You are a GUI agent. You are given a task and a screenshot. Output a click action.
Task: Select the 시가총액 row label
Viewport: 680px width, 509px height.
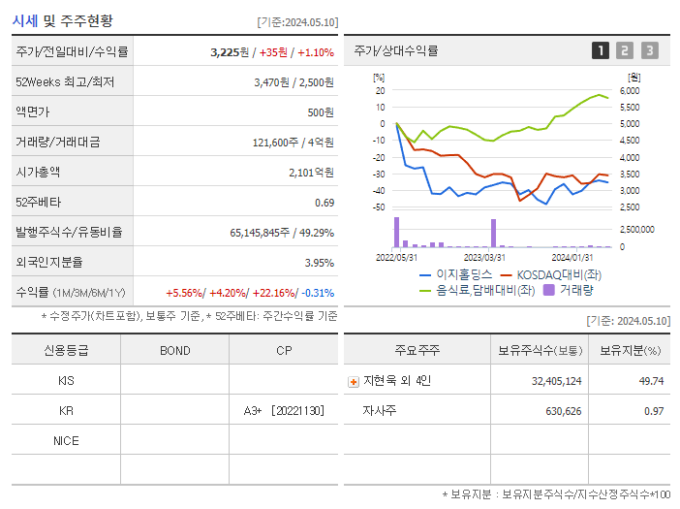tap(38, 172)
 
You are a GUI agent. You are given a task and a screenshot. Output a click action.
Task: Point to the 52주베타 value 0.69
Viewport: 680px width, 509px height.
tap(325, 202)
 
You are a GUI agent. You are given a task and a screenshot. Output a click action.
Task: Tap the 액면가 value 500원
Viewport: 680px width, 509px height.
tap(321, 111)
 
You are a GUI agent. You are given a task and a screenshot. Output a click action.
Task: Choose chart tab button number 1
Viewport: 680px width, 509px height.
tap(601, 50)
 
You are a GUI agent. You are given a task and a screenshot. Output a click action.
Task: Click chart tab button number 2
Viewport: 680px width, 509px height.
tap(625, 50)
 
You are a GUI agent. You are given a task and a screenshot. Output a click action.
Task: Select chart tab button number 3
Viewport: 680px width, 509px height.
tap(649, 50)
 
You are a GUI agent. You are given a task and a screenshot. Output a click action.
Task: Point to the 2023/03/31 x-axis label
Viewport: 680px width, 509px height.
tap(484, 257)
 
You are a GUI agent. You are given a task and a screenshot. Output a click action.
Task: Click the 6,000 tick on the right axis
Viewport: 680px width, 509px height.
tap(629, 90)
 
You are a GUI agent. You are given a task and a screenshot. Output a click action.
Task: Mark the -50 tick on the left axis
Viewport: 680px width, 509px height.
tap(379, 207)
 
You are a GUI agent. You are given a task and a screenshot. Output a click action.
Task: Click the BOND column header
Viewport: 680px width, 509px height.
tap(174, 350)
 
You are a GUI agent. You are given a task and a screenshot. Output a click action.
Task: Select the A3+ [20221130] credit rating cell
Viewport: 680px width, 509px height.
tap(284, 411)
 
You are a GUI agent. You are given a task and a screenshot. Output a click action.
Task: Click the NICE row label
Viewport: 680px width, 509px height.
tap(66, 441)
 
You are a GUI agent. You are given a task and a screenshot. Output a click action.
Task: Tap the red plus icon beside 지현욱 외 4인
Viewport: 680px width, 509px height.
tap(353, 381)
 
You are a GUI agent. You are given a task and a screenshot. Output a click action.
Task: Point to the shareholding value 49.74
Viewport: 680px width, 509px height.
tap(652, 381)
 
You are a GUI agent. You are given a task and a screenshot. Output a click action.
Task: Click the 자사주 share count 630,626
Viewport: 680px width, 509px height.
tap(557, 411)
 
